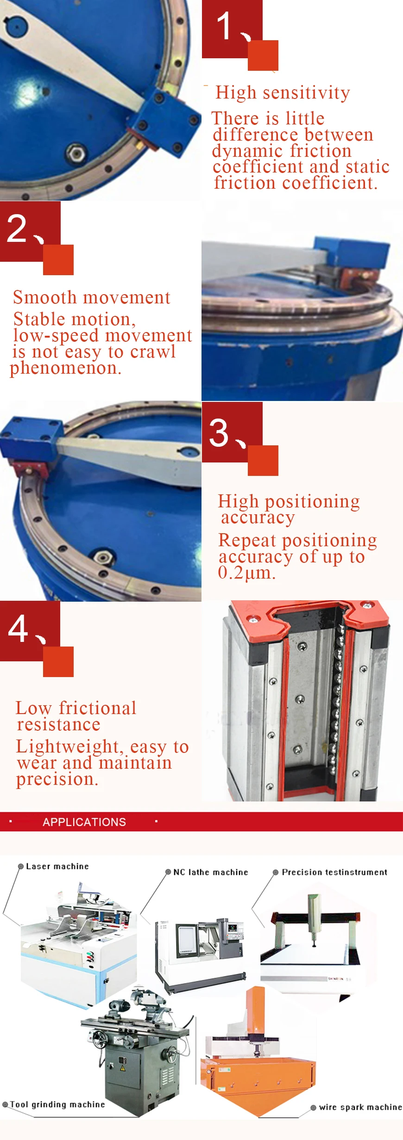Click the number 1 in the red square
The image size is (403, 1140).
[224, 26]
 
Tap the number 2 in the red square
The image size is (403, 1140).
[17, 228]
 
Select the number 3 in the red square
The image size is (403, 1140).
[219, 433]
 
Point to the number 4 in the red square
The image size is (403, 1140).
[18, 629]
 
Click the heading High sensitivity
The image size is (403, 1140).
[283, 92]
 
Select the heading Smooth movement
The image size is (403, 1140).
[92, 297]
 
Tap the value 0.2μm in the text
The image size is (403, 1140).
[246, 573]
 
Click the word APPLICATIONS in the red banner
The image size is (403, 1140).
[84, 822]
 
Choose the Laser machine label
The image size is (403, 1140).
[57, 866]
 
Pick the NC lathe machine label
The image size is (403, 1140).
[210, 872]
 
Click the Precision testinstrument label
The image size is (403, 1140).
[334, 872]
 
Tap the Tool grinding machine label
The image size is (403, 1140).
[57, 1104]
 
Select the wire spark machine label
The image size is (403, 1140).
[360, 1107]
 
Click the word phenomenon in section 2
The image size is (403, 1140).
[65, 368]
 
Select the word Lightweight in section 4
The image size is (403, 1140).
[68, 746]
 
